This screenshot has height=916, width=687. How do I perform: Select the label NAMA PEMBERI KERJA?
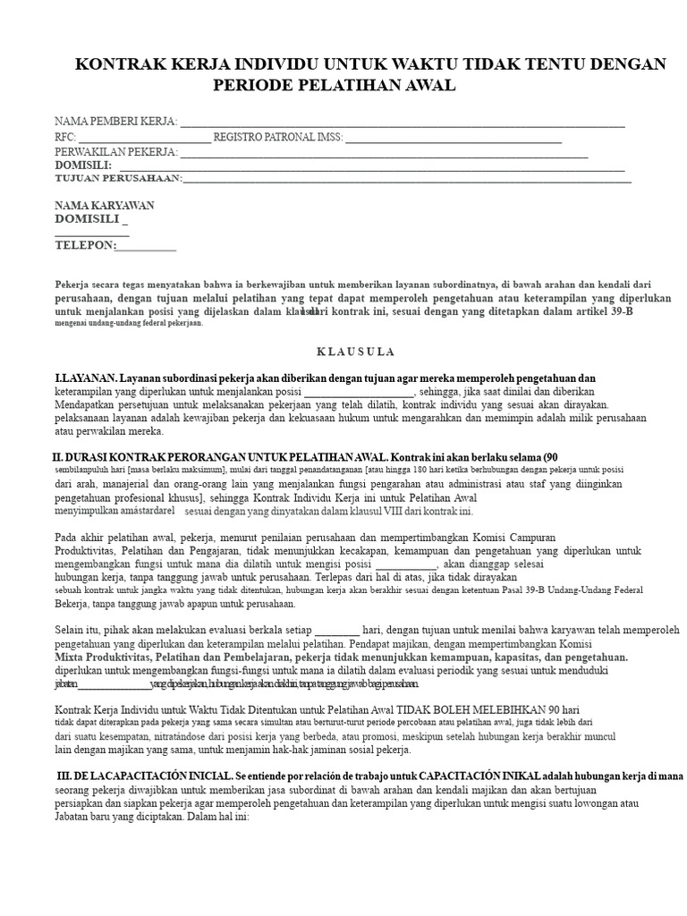(115, 122)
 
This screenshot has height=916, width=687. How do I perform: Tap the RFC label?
(64, 138)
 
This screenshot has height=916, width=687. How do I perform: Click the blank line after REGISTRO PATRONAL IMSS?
(453, 138)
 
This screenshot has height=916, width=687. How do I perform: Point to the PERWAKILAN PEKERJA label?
(116, 153)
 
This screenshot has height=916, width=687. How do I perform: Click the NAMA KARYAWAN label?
(104, 206)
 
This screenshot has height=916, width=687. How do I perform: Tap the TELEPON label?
(85, 245)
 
